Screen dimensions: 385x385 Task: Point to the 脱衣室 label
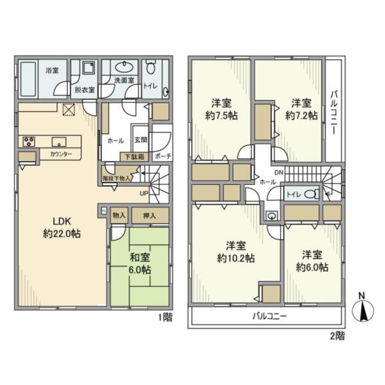point(84,90)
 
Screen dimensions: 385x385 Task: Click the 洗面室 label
point(124,80)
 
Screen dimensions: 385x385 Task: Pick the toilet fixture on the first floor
point(151,69)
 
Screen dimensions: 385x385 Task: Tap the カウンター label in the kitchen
point(60,155)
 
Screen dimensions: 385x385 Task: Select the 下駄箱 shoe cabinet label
point(134,156)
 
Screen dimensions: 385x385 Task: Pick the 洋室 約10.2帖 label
point(239,252)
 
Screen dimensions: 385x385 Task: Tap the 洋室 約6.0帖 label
point(311,260)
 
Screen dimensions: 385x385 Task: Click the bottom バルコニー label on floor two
point(269,317)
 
